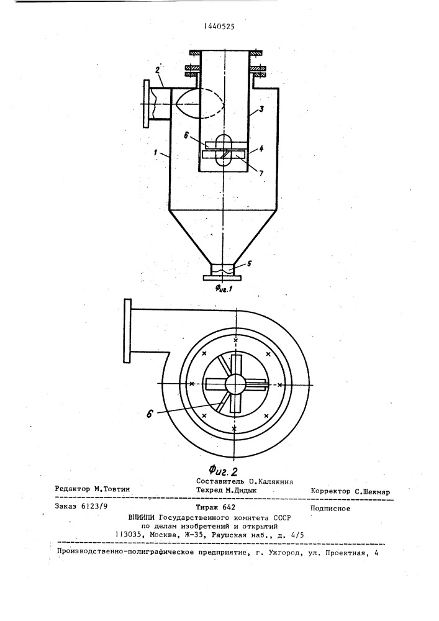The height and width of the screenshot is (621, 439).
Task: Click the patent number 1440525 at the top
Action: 219,27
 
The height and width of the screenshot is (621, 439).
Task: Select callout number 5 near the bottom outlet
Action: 248,263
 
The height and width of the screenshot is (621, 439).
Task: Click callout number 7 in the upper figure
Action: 261,173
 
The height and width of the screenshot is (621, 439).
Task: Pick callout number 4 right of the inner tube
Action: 261,148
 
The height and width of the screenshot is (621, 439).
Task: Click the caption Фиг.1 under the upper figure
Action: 224,289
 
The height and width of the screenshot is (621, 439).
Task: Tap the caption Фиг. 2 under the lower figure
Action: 223,471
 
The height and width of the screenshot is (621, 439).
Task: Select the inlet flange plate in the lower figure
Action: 127,331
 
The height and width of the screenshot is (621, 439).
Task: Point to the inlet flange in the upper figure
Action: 147,104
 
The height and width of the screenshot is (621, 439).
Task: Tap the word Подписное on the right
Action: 330,509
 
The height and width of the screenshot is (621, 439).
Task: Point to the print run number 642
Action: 229,507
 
